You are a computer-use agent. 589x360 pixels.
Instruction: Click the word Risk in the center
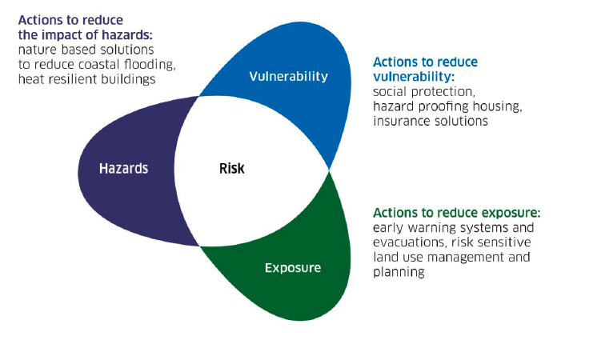pyautogui.click(x=232, y=169)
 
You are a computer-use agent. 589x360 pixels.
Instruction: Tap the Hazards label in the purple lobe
pyautogui.click(x=123, y=169)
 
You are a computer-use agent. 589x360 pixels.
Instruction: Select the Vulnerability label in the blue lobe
pyautogui.click(x=288, y=77)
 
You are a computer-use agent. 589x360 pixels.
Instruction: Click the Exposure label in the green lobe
pyautogui.click(x=293, y=267)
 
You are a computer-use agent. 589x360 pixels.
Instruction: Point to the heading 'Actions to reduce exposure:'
pyautogui.click(x=456, y=213)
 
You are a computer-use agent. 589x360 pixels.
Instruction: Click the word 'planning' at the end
pyautogui.click(x=398, y=272)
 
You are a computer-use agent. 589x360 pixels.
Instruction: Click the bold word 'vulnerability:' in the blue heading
pyautogui.click(x=414, y=77)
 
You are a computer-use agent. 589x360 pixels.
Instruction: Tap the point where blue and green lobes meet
pyautogui.click(x=329, y=169)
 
